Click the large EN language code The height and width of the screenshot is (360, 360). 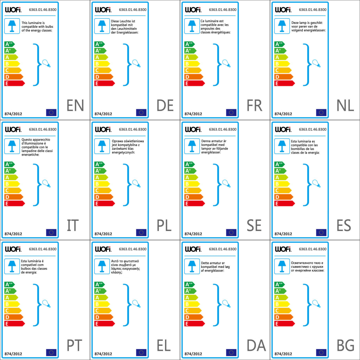pos(75,105)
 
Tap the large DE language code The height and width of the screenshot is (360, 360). pos(165,105)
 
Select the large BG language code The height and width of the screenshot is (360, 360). pos(345,346)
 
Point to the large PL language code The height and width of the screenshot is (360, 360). pos(164,225)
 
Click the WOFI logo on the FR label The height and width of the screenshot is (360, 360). pos(193,9)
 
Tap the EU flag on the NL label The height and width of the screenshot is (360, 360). pos(321,112)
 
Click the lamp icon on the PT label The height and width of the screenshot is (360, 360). pos(11,266)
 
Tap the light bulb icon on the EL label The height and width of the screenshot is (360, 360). pos(136,303)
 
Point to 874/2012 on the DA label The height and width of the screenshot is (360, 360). pos(193,354)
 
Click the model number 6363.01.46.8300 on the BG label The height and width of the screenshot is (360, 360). pos(313,249)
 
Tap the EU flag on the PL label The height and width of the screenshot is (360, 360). pos(141,232)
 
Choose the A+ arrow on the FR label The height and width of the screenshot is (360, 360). pos(189,51)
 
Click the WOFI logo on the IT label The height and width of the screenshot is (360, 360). pos(13,129)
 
